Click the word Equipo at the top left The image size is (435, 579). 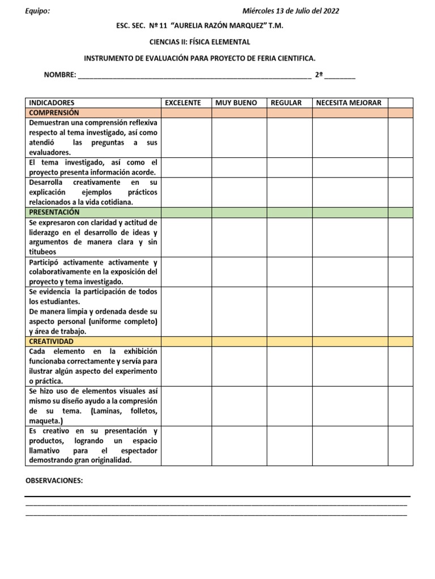point(37,11)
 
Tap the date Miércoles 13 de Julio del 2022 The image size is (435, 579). point(291,11)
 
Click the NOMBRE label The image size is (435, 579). point(59,75)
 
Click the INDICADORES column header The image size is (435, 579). point(52,103)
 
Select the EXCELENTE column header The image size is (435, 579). point(182,103)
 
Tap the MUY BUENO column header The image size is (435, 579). point(236,103)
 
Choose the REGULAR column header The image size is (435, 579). point(286,103)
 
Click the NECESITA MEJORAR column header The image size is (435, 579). point(348,103)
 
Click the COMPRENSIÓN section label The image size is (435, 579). point(54,113)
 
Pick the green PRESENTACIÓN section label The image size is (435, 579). point(54,213)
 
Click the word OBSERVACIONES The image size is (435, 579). point(54,481)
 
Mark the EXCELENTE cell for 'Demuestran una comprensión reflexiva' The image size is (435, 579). point(186,137)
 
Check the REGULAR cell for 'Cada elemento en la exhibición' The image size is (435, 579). point(289,366)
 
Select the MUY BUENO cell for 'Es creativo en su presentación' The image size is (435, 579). point(239,446)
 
